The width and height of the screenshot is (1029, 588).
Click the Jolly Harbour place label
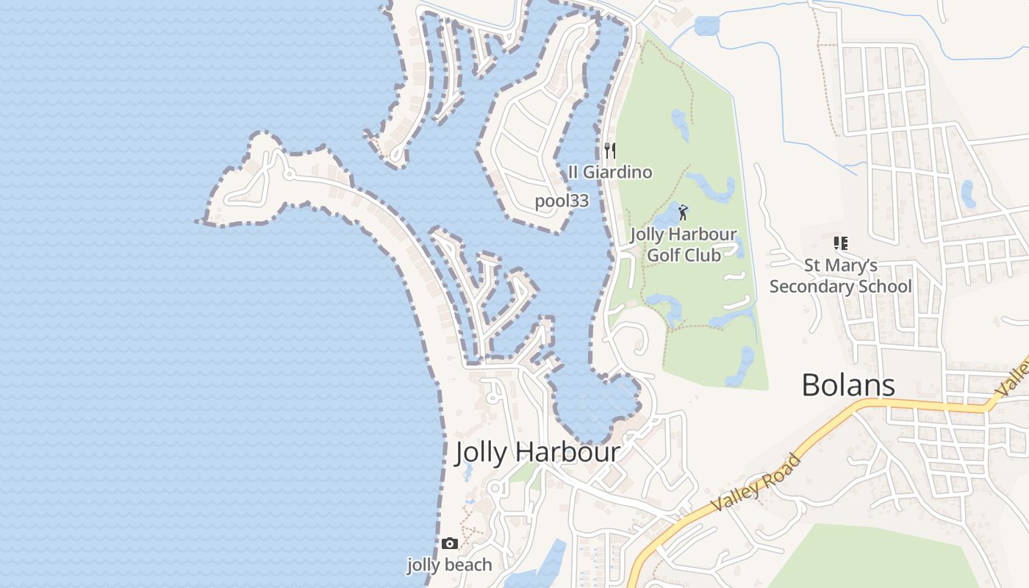click(x=538, y=452)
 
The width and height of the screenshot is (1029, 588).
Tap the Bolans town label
click(x=847, y=385)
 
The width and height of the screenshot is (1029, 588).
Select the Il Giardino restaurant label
click(x=610, y=172)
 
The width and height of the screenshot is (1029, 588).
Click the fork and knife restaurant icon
click(x=609, y=151)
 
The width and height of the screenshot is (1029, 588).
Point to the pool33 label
click(x=562, y=201)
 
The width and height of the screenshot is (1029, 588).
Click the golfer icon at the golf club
click(x=683, y=213)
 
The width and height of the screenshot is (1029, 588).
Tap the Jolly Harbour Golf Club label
click(x=684, y=245)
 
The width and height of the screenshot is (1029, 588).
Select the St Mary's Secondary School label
click(x=840, y=276)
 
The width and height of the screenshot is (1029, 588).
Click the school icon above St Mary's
click(x=840, y=243)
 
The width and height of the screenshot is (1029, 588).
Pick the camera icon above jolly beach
click(x=450, y=544)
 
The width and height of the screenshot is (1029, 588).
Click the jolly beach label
click(x=450, y=564)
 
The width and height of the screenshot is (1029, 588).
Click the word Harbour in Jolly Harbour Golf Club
click(x=703, y=235)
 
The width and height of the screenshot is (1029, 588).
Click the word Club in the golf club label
click(x=703, y=255)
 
